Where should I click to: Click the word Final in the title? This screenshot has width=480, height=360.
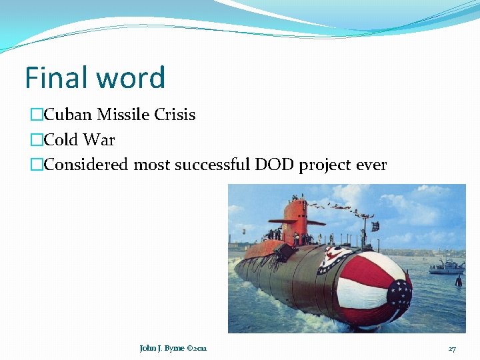pyautogui.click(x=55, y=77)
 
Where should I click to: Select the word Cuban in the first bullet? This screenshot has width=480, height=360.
pyautogui.click(x=69, y=115)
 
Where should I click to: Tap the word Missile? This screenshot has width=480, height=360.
pyautogui.click(x=123, y=115)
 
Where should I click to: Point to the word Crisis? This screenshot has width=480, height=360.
pyautogui.click(x=175, y=115)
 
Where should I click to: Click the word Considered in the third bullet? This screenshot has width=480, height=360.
pyautogui.click(x=86, y=165)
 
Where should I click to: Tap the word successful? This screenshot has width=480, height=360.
pyautogui.click(x=213, y=165)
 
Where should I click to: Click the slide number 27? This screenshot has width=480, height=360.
pyautogui.click(x=452, y=349)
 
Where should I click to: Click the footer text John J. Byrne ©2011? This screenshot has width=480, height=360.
pyautogui.click(x=173, y=349)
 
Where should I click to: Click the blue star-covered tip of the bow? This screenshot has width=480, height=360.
pyautogui.click(x=399, y=294)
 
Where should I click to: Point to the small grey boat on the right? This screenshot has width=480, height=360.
pyautogui.click(x=445, y=267)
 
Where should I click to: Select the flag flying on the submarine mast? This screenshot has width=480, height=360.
pyautogui.click(x=375, y=226)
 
